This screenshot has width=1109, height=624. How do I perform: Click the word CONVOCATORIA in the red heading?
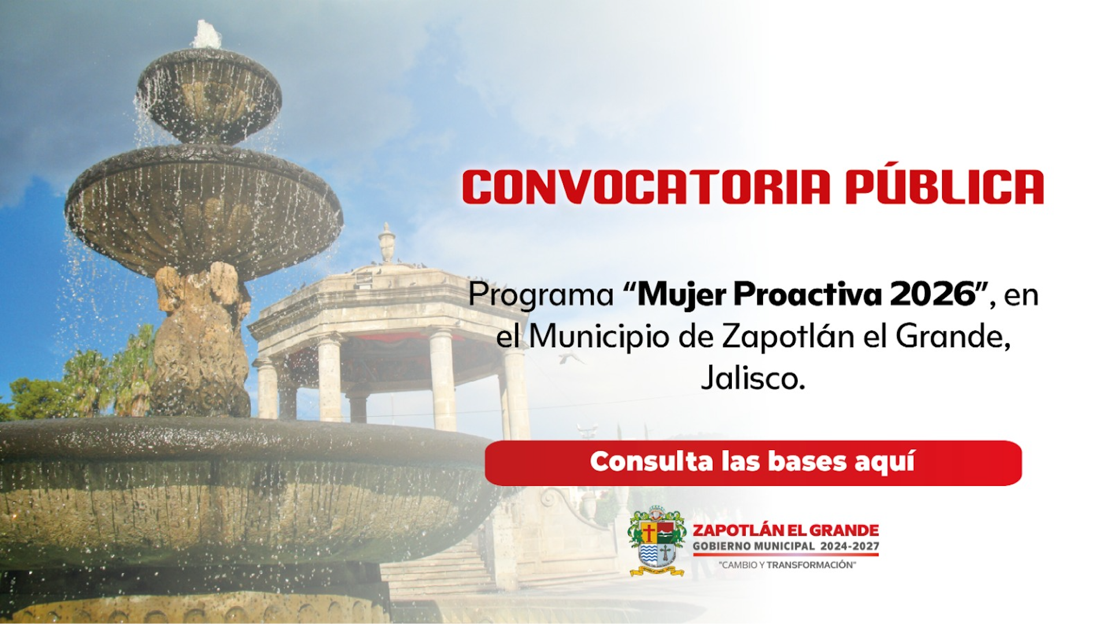click(x=646, y=187)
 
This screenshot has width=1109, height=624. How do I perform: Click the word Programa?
click(x=541, y=296)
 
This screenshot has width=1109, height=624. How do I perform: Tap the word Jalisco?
click(x=753, y=378)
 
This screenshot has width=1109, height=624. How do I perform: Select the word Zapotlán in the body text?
click(x=788, y=336)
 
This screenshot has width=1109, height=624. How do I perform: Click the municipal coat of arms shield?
click(x=657, y=541)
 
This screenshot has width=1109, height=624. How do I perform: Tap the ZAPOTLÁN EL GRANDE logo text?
click(x=786, y=530)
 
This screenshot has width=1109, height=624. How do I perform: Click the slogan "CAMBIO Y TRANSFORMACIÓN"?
click(x=787, y=564)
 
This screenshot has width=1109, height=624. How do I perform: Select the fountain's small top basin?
click(x=209, y=95)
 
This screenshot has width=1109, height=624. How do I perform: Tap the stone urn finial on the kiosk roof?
click(x=386, y=243)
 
